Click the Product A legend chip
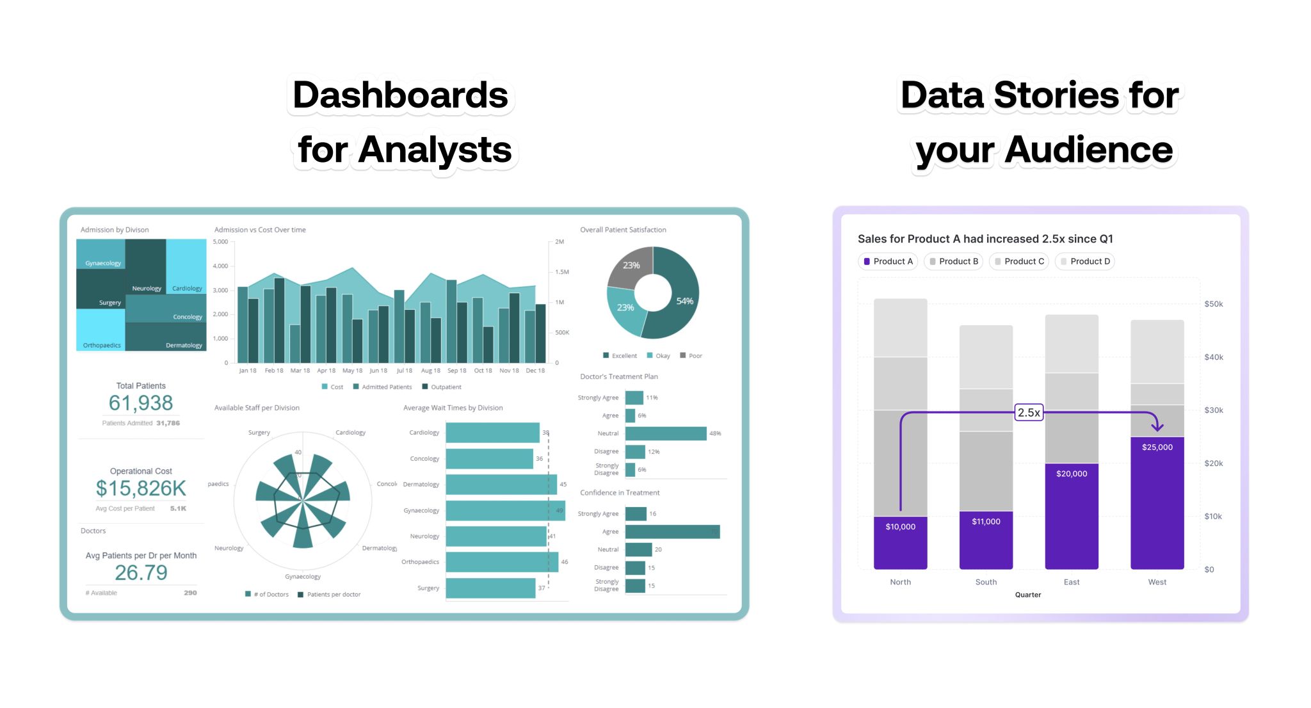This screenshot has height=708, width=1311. pyautogui.click(x=888, y=261)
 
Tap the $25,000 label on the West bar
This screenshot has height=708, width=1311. pyautogui.click(x=1157, y=447)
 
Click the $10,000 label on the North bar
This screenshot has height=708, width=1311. pyautogui.click(x=900, y=526)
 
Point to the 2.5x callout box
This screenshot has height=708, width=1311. pyautogui.click(x=1029, y=413)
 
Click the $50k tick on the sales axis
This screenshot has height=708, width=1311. pyautogui.click(x=1213, y=304)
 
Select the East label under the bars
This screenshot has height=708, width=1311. pyautogui.click(x=1071, y=582)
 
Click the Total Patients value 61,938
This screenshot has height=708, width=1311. pyautogui.click(x=141, y=403)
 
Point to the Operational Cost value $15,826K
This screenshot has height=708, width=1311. pyautogui.click(x=141, y=488)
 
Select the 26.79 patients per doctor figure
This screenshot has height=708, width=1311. pyautogui.click(x=141, y=572)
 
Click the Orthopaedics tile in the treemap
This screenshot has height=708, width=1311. pyautogui.click(x=101, y=330)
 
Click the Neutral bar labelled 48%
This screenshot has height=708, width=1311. pyautogui.click(x=666, y=433)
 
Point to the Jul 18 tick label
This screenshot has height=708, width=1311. pyautogui.click(x=405, y=371)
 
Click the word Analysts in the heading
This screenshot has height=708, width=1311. pyautogui.click(x=435, y=150)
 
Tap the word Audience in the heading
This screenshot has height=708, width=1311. pyautogui.click(x=1088, y=150)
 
